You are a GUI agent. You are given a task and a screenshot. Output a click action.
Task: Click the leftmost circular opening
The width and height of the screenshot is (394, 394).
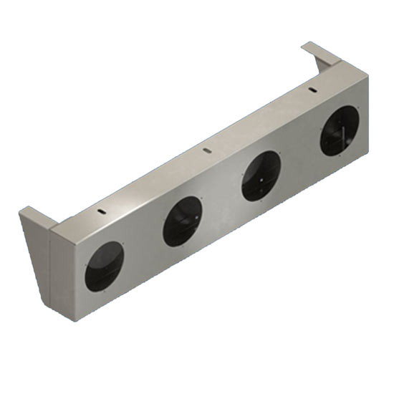tap(104, 266)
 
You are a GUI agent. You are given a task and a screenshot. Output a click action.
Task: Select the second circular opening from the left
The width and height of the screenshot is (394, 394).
tap(183, 221)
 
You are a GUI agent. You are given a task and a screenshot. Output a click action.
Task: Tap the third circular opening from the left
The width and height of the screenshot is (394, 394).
tap(261, 176)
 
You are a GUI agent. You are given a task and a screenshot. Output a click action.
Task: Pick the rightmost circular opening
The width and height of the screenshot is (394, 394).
tap(339, 130)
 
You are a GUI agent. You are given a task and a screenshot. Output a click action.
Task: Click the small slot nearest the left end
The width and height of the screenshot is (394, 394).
tap(102, 213)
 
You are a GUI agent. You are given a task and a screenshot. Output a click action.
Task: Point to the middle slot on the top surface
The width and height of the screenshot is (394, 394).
tap(206, 150)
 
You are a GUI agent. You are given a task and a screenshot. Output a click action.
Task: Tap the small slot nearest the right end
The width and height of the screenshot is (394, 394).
tap(312, 89)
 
